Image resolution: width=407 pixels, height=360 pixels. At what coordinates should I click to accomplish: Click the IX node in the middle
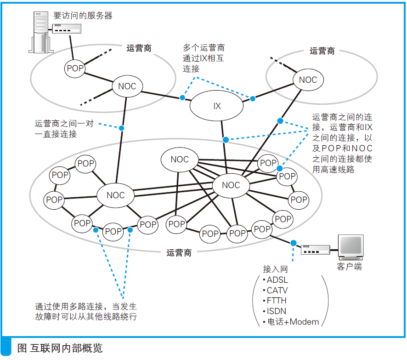[x=217, y=106]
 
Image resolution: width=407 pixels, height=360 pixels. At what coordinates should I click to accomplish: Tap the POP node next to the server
[x=75, y=69]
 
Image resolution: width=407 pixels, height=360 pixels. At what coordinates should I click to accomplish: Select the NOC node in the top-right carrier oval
[x=307, y=80]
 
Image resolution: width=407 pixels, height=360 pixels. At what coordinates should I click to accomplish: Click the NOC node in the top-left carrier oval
[x=127, y=86]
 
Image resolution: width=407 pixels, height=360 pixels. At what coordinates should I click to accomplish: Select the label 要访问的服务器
[x=83, y=15]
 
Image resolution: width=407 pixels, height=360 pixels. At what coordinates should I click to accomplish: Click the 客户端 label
[x=349, y=267]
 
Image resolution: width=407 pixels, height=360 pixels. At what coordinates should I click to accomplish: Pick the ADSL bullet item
[x=277, y=280]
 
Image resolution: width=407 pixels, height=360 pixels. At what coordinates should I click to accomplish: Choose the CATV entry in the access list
[x=277, y=290]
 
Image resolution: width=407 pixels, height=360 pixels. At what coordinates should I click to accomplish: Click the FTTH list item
[x=277, y=301]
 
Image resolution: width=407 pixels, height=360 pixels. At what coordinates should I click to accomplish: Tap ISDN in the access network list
[x=277, y=311]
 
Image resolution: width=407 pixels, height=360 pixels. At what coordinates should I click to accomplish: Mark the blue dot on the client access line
[x=293, y=242]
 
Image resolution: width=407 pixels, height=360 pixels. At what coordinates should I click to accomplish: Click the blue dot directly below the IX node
[x=226, y=139]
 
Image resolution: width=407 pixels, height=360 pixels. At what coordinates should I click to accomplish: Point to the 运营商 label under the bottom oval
[x=179, y=252]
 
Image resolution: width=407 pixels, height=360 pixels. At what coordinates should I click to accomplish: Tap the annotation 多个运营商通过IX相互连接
[x=203, y=58]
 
